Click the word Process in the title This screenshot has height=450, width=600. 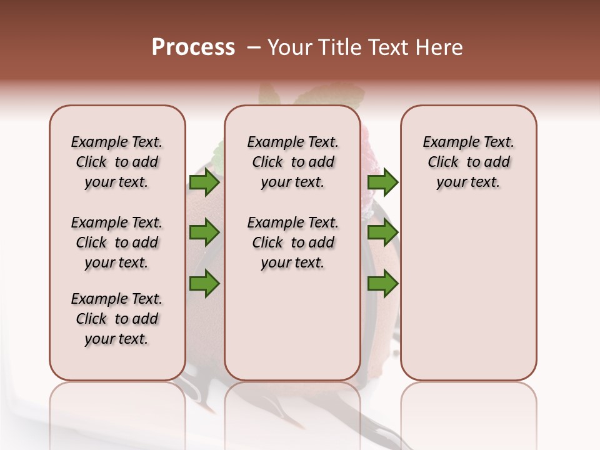coord(193,47)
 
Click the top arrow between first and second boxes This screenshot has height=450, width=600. coord(204,182)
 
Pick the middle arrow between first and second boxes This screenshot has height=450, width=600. coord(204,233)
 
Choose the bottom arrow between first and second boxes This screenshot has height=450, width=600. coord(204,283)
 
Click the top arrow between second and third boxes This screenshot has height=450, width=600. coord(382,182)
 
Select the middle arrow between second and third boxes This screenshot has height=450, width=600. coord(382,233)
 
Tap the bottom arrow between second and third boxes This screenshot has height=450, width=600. coord(382,283)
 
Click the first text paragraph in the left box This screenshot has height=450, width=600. coord(117,162)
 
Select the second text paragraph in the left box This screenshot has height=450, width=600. coord(117,242)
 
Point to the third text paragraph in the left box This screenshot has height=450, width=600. coord(117,319)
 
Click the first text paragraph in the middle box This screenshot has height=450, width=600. coord(292,162)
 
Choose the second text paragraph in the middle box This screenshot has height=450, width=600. coord(292,242)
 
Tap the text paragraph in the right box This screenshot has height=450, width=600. coord(468,162)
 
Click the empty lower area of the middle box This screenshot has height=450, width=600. coord(292,325)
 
